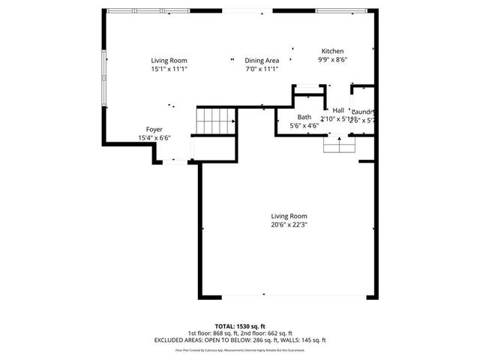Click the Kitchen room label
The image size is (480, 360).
tap(334, 51)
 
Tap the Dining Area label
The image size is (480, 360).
tap(262, 61)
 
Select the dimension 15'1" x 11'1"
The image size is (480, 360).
tap(169, 69)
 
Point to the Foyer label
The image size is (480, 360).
tap(154, 130)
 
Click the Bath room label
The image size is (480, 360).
tap(304, 117)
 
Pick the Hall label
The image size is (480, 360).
tap(338, 109)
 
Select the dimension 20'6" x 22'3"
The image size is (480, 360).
tap(289, 224)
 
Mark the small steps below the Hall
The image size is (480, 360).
tap(339, 144)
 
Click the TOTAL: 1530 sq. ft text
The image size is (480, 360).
tap(239, 326)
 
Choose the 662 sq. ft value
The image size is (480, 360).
tap(279, 333)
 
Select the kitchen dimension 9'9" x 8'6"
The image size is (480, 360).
tap(333, 60)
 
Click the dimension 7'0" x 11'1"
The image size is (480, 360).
tap(262, 69)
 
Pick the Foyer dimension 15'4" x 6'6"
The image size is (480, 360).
tap(154, 138)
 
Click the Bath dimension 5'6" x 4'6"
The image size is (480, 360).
tap(304, 125)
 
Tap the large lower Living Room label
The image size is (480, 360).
tap(289, 215)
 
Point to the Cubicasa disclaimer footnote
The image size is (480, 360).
tap(239, 349)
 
